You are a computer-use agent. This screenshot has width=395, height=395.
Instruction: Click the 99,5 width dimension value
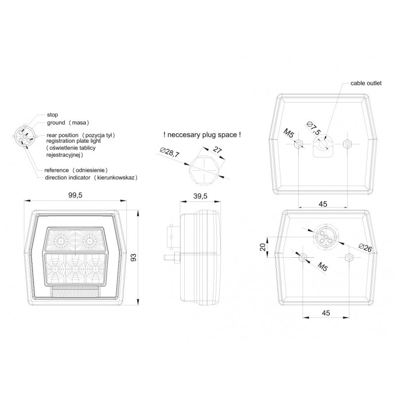(75, 195)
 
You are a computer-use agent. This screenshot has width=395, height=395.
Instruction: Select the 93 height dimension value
(133, 257)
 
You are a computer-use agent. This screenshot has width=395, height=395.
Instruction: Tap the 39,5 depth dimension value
(200, 196)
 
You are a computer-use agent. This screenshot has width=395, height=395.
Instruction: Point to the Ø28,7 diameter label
(170, 152)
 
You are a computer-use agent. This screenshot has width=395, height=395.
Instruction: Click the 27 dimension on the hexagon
(217, 150)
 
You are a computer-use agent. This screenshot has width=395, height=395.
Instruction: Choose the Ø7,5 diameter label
(314, 128)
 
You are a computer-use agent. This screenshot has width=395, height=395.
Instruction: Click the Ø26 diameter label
(365, 248)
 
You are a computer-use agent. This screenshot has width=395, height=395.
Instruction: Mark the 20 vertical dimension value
(263, 247)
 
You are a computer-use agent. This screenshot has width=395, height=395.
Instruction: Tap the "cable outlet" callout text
(366, 83)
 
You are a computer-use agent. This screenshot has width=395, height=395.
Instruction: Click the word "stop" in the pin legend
(52, 115)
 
